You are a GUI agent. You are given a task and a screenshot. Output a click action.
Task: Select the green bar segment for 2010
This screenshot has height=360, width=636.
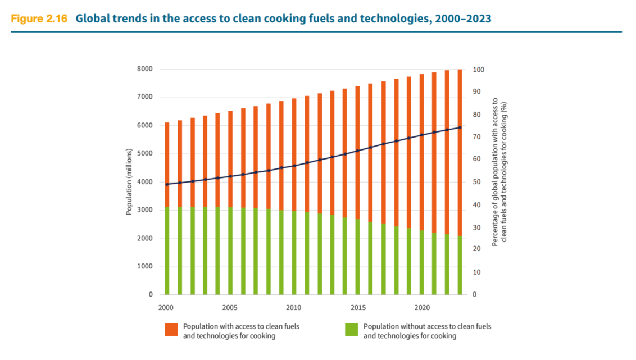(294, 253)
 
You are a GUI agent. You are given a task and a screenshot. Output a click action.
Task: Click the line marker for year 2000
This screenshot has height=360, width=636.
(166, 184)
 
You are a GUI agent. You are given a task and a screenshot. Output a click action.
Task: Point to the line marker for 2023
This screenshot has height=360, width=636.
(460, 127)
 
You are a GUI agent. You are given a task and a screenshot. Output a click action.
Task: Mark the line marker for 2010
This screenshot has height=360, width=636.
(294, 166)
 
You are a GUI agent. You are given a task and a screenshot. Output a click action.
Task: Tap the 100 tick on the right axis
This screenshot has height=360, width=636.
(477, 70)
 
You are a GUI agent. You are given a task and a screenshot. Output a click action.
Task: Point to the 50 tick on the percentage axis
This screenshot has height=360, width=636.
(475, 182)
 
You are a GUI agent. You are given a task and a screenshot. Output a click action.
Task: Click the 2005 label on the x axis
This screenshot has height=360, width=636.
(229, 308)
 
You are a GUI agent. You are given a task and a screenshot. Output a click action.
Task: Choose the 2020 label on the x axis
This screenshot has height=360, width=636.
(422, 308)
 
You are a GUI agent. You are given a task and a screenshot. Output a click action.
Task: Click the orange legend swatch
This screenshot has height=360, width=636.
(171, 330)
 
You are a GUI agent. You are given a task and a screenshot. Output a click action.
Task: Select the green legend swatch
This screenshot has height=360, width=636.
(352, 330)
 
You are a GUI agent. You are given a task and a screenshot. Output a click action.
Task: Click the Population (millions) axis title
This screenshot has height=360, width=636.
(129, 182)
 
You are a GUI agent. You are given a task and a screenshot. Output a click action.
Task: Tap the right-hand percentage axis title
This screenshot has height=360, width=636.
(499, 172)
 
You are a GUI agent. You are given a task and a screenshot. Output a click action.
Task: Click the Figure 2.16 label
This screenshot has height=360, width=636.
(39, 19)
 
